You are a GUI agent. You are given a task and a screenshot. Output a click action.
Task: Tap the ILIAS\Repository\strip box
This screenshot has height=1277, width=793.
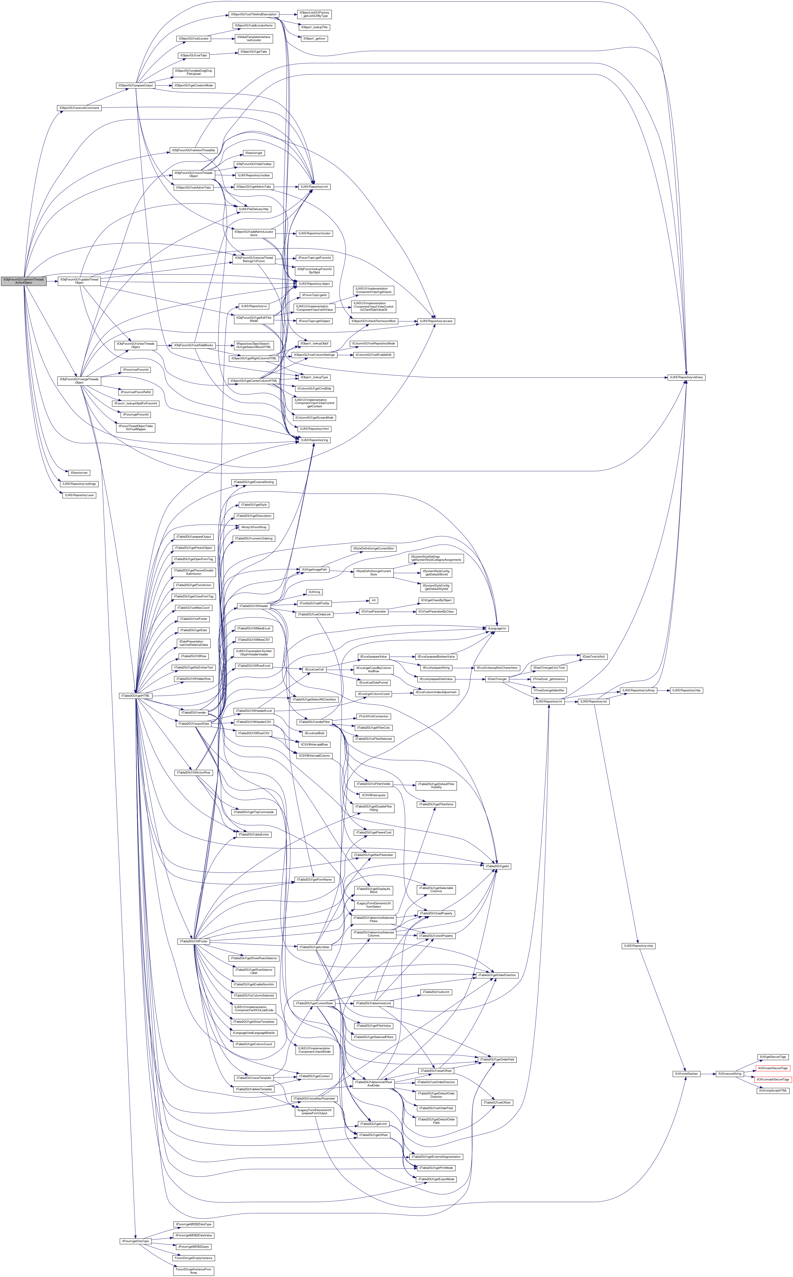[x=638, y=945]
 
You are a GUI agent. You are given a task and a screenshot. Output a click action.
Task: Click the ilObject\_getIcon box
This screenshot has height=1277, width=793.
[x=314, y=38]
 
